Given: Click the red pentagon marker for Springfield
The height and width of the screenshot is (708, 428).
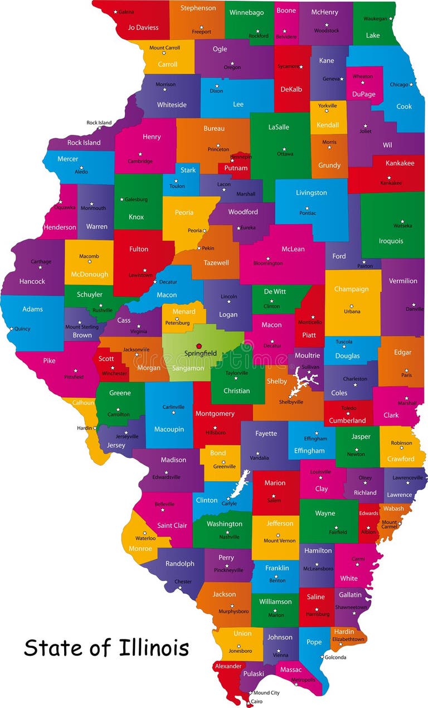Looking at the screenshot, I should [x=199, y=345].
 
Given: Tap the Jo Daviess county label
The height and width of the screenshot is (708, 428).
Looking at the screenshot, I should [x=143, y=27].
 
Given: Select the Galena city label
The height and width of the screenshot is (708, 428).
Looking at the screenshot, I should [x=126, y=11].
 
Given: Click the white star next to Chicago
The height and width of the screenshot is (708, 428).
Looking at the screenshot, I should [x=411, y=85].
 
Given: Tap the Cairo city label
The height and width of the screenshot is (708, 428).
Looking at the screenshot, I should [x=256, y=701].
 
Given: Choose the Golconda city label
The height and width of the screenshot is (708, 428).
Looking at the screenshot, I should [x=335, y=657].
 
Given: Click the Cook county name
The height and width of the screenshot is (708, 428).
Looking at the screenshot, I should [x=404, y=106].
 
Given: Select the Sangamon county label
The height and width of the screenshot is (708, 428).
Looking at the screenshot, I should [x=188, y=368].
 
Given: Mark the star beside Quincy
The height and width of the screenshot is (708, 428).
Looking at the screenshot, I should [x=11, y=329].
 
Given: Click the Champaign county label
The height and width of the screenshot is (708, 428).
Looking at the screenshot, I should [x=351, y=289].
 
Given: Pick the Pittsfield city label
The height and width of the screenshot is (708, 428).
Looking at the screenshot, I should [x=74, y=377].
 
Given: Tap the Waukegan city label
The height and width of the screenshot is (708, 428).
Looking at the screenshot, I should [x=374, y=18].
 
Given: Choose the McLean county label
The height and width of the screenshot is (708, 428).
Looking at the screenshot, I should [x=293, y=249].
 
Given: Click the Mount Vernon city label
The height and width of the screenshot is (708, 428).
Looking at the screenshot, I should [x=279, y=541].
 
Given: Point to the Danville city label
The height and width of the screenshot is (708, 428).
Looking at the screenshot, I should [x=415, y=309].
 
